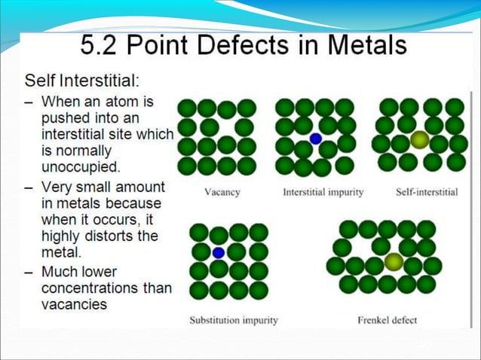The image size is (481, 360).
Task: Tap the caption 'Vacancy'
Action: pos(222,192)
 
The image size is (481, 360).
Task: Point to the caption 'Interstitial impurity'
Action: pos(323,192)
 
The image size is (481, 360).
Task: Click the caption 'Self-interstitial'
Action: pos(426,192)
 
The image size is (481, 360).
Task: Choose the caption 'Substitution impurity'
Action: pos(233,320)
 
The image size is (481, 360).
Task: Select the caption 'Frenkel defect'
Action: pos(387,320)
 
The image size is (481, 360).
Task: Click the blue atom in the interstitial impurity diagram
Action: pos(316,139)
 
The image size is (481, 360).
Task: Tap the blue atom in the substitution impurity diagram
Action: pos(219,252)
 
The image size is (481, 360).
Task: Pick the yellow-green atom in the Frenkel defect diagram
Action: pos(393,262)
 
